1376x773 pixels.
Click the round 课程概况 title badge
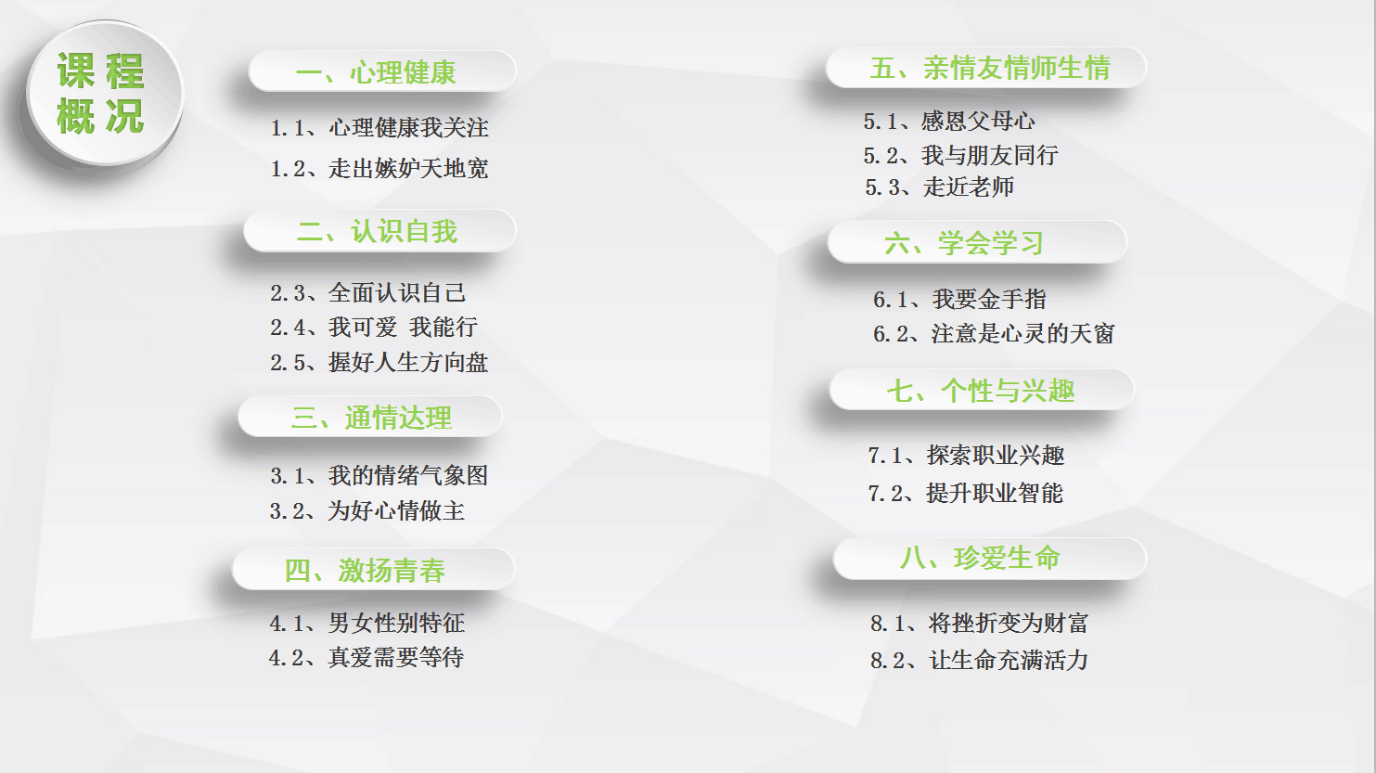point(105,93)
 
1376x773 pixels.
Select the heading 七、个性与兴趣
point(981,390)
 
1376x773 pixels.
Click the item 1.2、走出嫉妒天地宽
point(379,168)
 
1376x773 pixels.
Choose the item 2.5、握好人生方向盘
point(379,362)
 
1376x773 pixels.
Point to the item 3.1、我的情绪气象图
point(379,475)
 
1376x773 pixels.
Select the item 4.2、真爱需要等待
point(367,658)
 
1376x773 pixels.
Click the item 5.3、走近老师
point(939,187)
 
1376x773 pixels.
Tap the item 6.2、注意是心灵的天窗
point(994,334)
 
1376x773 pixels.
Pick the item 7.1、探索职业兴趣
point(966,456)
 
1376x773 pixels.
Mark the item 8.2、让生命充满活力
point(979,660)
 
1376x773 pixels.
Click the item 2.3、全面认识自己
point(368,292)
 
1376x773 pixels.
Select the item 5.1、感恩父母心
point(949,121)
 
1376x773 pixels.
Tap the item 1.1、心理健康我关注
point(379,128)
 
